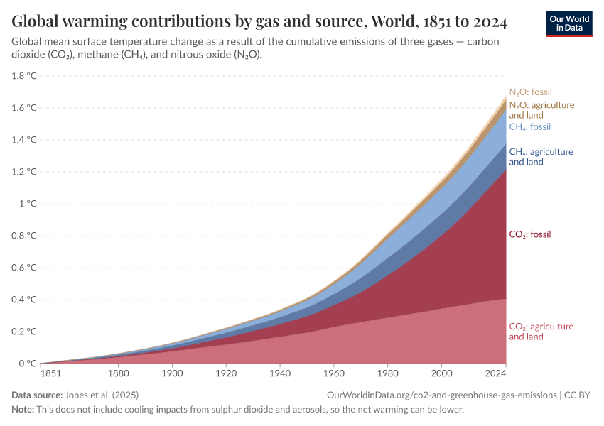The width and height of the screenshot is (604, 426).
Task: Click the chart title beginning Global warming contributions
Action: click(259, 22)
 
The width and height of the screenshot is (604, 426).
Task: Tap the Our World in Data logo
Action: click(568, 23)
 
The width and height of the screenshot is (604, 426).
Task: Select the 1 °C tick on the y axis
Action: click(26, 204)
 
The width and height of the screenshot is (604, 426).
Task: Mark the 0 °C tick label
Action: click(26, 364)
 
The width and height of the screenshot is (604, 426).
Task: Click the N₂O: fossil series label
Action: click(530, 92)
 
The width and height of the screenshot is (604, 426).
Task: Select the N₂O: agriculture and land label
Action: click(541, 110)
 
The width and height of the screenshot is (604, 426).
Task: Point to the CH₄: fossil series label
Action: click(530, 127)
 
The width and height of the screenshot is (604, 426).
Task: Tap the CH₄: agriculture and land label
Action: click(541, 157)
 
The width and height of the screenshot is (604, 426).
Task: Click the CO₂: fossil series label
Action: click(530, 234)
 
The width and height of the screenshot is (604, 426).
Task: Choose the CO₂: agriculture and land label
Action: click(541, 332)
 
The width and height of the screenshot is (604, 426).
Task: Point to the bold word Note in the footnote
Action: click(23, 410)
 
